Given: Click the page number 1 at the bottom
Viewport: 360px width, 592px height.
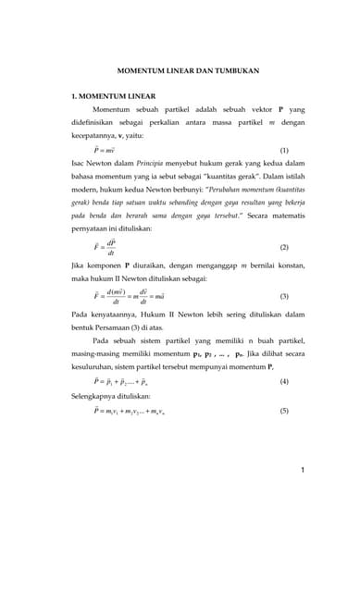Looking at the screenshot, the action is pos(302,471).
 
